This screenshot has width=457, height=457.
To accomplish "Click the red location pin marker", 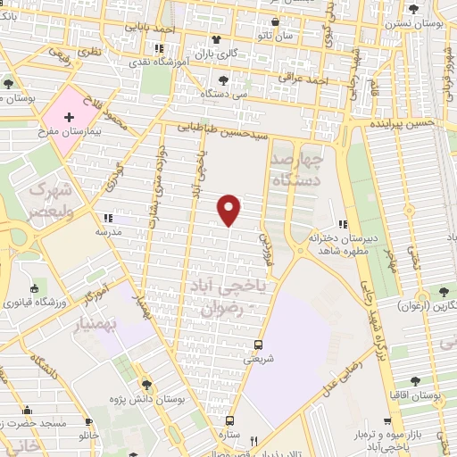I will [x=230, y=209].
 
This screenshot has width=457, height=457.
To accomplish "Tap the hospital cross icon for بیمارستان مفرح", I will [x=69, y=117].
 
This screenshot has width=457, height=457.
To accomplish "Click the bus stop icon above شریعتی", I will [x=258, y=344].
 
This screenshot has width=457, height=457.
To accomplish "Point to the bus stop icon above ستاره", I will [x=229, y=420].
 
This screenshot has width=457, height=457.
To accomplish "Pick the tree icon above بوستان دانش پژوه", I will [x=145, y=385].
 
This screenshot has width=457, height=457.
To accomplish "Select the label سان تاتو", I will [x=277, y=37].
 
